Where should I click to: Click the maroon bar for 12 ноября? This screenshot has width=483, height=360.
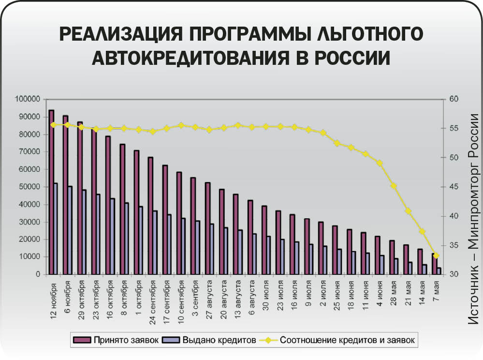point(51,194)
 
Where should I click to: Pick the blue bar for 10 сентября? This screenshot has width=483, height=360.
point(183,247)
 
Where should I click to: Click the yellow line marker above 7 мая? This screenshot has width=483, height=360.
point(436,255)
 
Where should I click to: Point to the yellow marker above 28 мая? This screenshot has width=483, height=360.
point(394,186)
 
